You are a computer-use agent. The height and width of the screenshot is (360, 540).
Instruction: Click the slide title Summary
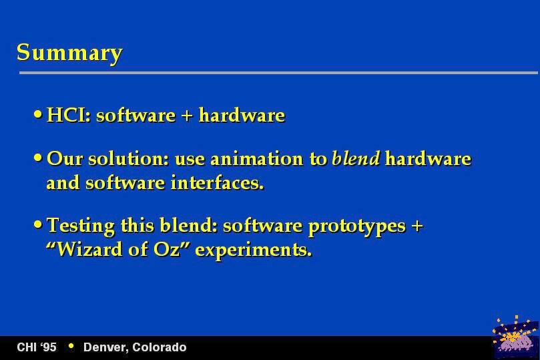[x=69, y=53]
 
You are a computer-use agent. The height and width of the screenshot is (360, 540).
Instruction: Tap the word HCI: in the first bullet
[x=69, y=115]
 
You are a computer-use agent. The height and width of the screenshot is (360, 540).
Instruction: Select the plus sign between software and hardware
[x=187, y=116]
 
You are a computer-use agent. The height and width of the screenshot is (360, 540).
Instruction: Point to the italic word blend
[x=356, y=158]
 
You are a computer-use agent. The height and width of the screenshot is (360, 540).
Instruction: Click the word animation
[x=256, y=159]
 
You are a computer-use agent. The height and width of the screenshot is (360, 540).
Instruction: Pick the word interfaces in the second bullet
[x=218, y=182]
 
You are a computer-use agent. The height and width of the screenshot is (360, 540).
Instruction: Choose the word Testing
[x=81, y=226]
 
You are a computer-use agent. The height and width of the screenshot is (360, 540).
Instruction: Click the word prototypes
[x=357, y=227]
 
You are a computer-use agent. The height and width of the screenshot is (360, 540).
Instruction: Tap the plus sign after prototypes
[x=417, y=226]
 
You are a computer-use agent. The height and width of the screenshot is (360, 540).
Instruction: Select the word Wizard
[x=89, y=249]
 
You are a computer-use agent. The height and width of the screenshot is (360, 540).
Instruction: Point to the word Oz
[x=167, y=249]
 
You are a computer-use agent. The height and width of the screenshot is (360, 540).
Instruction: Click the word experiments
[x=254, y=250]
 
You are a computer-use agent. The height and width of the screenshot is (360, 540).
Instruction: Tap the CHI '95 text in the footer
[x=37, y=347]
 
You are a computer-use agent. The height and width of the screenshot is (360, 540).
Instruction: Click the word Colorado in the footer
[x=159, y=347]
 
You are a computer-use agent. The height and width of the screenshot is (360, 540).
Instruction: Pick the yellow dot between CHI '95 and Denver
[x=71, y=346]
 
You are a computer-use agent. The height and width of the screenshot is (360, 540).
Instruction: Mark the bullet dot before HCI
[x=38, y=114]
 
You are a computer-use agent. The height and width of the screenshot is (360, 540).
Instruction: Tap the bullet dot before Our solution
[x=38, y=158]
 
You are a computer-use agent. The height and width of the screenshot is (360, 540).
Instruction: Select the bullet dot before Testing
[x=38, y=224]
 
